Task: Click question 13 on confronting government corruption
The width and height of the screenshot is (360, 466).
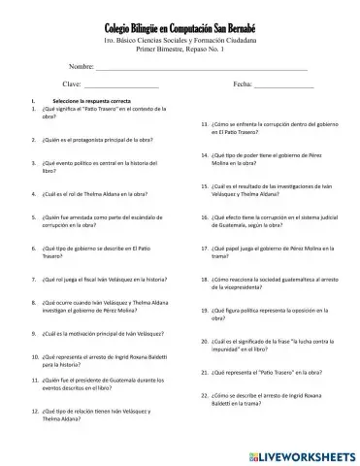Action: (264, 131)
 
